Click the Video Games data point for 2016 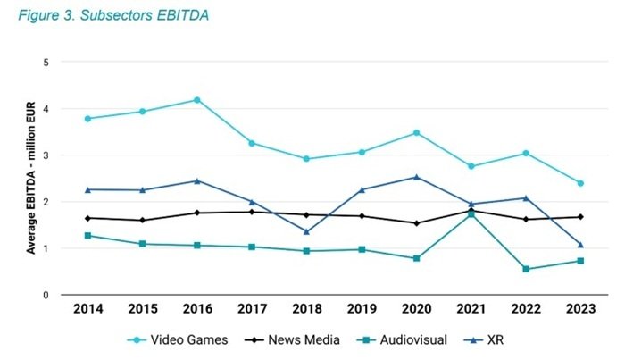pyautogui.click(x=197, y=100)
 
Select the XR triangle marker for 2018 pyautogui.click(x=307, y=231)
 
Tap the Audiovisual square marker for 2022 pyautogui.click(x=526, y=269)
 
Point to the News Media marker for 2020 pyautogui.click(x=417, y=223)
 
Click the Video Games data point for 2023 pyautogui.click(x=580, y=183)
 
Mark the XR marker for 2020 pyautogui.click(x=417, y=177)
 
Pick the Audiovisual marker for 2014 pyautogui.click(x=88, y=236)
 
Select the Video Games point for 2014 pyautogui.click(x=88, y=119)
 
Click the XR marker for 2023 pyautogui.click(x=580, y=244)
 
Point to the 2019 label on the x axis pyautogui.click(x=362, y=310)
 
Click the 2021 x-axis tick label pyautogui.click(x=471, y=310)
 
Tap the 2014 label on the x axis pyautogui.click(x=88, y=310)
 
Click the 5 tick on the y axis pyautogui.click(x=46, y=63)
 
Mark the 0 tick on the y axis pyautogui.click(x=46, y=295)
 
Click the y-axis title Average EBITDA pyautogui.click(x=30, y=179)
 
